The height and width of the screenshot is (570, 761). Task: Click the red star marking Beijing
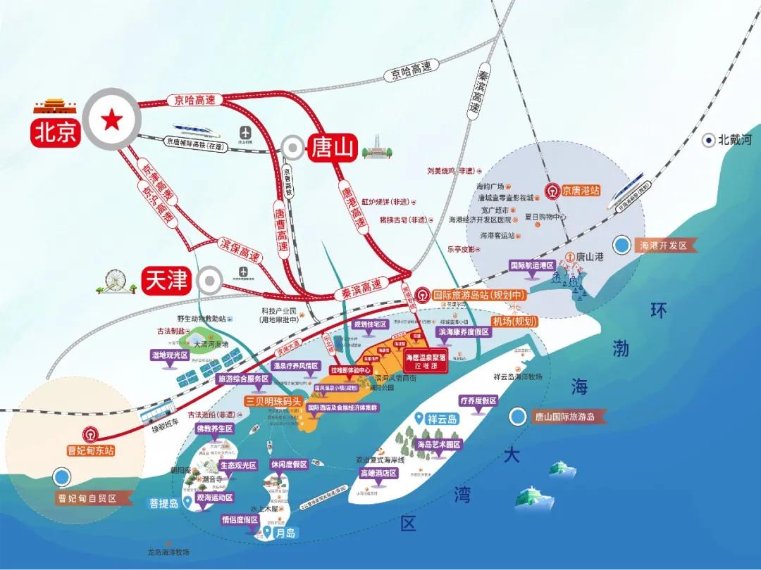click(x=111, y=121)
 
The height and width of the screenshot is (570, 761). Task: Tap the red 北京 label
click(x=54, y=133)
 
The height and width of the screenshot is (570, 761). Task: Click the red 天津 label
click(x=166, y=280)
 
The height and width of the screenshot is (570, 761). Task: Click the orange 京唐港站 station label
click(x=582, y=190)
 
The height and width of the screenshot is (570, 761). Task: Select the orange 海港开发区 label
click(x=666, y=246)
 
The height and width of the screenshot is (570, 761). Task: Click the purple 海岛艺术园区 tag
click(x=438, y=445)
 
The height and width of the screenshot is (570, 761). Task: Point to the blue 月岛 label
click(x=287, y=534)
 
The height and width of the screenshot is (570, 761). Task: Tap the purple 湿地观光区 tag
click(x=168, y=355)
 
